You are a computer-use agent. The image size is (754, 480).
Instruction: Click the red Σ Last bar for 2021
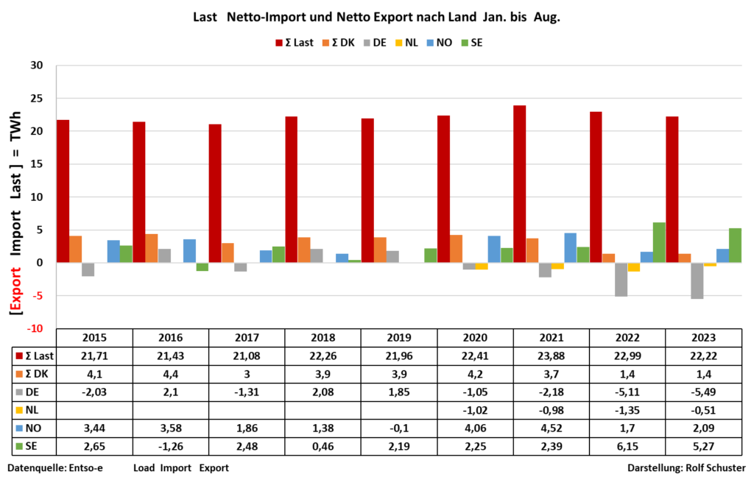520,184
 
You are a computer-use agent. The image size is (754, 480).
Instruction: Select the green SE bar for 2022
658,243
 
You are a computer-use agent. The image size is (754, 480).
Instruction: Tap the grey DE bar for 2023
696,280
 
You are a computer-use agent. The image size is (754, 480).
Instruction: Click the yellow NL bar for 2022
633,267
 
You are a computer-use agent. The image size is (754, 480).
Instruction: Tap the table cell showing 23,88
552,356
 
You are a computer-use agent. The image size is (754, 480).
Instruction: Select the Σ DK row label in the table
34,375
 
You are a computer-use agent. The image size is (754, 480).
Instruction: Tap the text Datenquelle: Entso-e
56,467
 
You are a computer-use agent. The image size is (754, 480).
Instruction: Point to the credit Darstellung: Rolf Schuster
686,467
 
